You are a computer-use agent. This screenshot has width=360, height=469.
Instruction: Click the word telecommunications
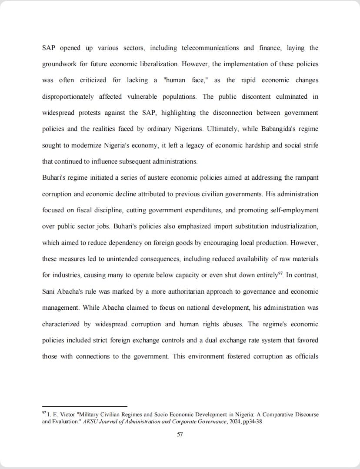(210, 48)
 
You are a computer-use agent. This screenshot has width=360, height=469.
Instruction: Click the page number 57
(180, 435)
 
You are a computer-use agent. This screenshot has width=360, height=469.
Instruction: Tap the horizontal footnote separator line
(84, 406)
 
